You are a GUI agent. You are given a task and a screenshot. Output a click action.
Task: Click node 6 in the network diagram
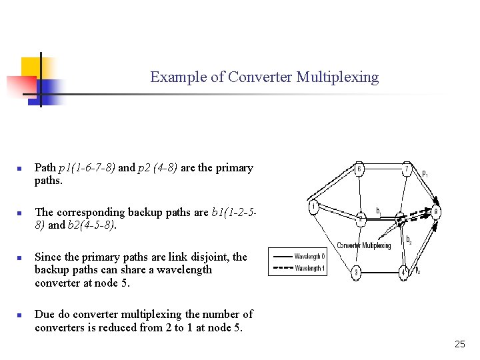(x=359, y=169)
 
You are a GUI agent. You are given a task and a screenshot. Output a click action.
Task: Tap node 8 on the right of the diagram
(x=436, y=213)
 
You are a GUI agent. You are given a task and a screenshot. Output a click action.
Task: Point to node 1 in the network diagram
(x=313, y=207)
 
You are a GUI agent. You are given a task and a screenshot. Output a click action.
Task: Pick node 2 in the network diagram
(x=360, y=219)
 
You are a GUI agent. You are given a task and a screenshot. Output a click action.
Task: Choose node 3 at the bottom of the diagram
(x=357, y=272)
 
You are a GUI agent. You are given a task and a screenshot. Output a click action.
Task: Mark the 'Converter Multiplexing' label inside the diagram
(x=364, y=245)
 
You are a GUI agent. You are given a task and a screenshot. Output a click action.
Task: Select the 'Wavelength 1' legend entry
(x=309, y=267)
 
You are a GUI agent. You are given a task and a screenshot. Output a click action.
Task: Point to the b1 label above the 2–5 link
(x=379, y=211)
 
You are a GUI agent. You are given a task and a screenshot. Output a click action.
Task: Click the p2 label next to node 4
(x=417, y=271)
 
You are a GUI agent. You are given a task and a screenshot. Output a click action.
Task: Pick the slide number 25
(x=459, y=344)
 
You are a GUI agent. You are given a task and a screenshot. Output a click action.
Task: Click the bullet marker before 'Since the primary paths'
(x=21, y=257)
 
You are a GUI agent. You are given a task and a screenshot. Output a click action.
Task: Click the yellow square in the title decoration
(x=30, y=66)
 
